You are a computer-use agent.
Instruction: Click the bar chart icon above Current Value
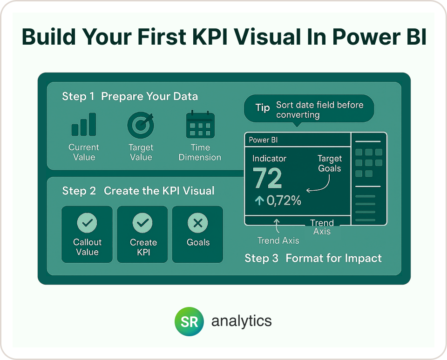tap(84, 124)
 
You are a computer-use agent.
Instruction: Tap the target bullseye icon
tap(141, 125)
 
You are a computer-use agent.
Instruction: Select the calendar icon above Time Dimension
tap(200, 124)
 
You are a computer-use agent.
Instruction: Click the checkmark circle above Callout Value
tap(87, 223)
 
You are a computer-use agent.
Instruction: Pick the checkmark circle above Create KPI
tap(142, 223)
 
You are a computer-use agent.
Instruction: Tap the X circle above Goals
tap(198, 223)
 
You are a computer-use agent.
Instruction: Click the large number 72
tap(267, 178)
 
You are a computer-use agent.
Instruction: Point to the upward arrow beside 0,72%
tap(259, 200)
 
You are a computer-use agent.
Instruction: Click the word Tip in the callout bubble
tap(263, 108)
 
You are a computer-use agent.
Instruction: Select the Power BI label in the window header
tap(263, 140)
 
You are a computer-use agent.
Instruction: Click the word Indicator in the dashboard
tap(270, 158)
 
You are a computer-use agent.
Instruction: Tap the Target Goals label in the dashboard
tap(330, 163)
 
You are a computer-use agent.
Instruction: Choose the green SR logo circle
tap(189, 321)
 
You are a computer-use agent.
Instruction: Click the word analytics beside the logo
tap(242, 321)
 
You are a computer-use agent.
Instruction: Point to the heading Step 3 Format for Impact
tap(313, 258)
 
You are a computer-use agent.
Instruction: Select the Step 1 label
tap(78, 96)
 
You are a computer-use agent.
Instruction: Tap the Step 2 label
tap(79, 191)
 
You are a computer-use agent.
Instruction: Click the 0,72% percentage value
tap(284, 200)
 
